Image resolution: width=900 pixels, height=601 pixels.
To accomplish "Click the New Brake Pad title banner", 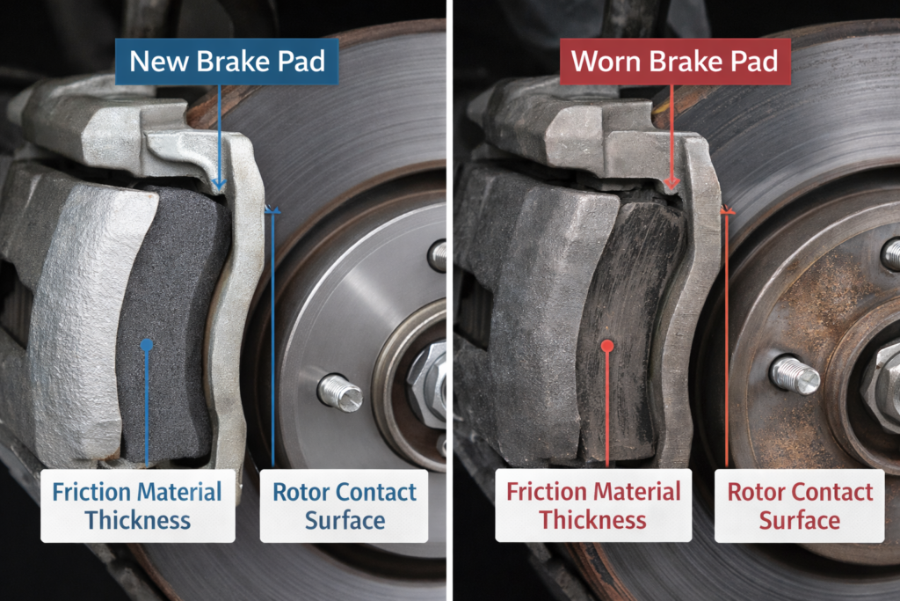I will coord(227,62).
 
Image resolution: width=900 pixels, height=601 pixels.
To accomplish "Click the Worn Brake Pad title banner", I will coord(675,62).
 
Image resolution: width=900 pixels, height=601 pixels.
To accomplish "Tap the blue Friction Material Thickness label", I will coord(137,505).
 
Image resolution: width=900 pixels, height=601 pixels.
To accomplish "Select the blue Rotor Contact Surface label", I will coord(345,505).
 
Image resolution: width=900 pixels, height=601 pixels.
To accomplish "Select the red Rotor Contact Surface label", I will coord(800,505).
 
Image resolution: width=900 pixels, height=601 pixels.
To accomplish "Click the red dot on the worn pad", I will coord(606,346).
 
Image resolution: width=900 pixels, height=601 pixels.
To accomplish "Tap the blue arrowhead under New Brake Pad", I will coord(218,183).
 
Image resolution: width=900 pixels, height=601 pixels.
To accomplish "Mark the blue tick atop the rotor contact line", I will coord(272,211).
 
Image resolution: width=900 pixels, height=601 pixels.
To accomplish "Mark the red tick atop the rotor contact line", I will coord(727,211).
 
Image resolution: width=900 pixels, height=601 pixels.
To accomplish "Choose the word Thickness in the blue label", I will coord(137,519).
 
